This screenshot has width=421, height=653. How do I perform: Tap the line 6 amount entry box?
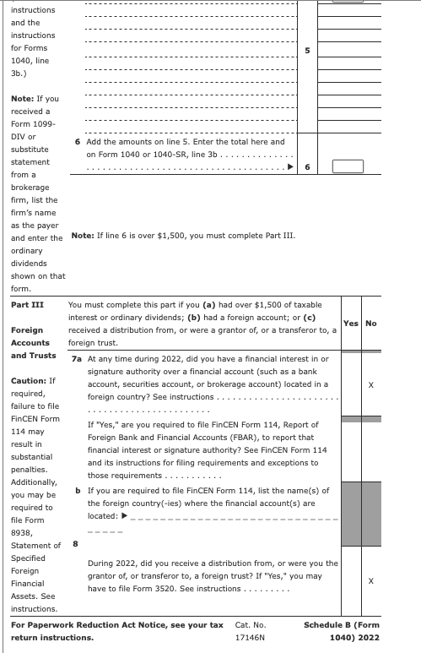346,166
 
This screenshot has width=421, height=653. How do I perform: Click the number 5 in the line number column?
307,51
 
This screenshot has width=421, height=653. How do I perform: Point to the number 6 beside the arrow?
307,166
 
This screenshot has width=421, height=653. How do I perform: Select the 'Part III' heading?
27,304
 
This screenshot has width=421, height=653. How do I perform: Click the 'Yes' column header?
351,324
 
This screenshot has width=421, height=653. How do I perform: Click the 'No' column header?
370,324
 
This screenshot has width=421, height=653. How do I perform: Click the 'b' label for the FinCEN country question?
78,490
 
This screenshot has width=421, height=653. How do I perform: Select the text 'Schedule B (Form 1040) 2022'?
342,631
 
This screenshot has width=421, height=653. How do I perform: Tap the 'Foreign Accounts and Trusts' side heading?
33,342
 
